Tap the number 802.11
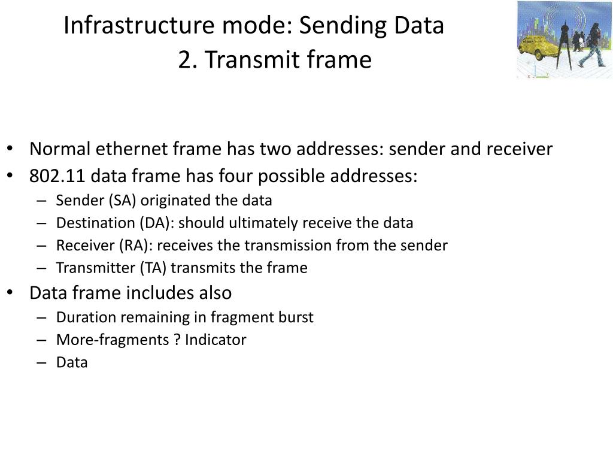click(57, 176)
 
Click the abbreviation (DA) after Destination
click(157, 223)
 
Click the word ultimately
click(264, 223)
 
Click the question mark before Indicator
click(177, 340)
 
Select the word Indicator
click(215, 340)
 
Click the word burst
click(296, 317)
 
